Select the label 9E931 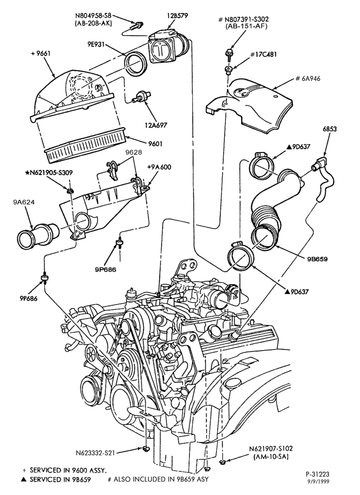(x=96, y=45)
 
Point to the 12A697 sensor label (x=156, y=125)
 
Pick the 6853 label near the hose (x=329, y=129)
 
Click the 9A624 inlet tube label (x=24, y=202)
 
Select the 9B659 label (x=317, y=259)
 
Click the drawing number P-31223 (x=317, y=474)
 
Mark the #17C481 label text (x=264, y=54)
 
